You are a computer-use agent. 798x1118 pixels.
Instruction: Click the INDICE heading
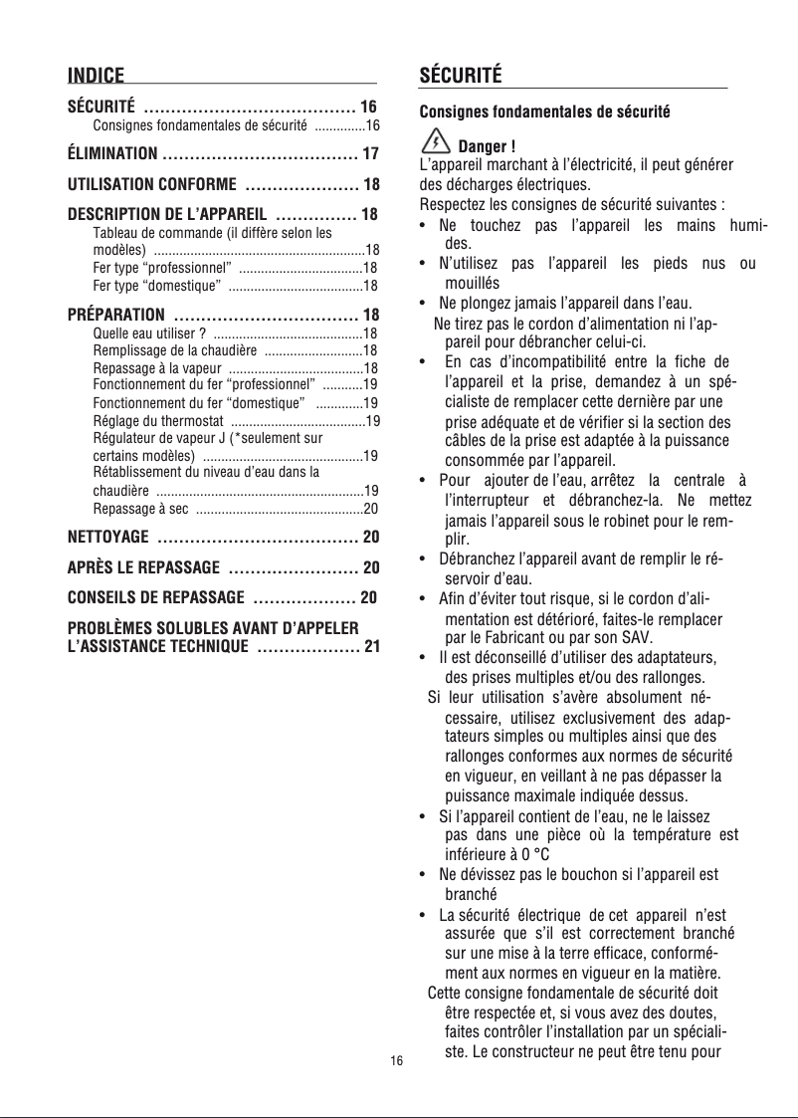(96, 76)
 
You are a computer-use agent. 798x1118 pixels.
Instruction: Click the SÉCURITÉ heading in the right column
(461, 76)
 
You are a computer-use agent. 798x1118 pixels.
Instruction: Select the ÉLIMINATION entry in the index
(111, 154)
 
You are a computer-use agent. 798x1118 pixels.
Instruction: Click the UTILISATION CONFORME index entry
(151, 185)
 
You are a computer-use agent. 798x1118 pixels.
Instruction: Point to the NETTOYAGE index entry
(107, 538)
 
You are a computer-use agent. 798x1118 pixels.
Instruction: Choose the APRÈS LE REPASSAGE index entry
(143, 568)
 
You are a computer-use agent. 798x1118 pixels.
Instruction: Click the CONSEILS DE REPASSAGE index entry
(155, 598)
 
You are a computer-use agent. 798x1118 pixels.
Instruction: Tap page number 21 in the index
(371, 648)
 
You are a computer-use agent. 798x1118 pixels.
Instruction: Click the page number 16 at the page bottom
(397, 1061)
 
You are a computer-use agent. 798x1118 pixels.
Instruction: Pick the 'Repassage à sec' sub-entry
(140, 509)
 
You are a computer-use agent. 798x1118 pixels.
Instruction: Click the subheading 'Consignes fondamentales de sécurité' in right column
(544, 112)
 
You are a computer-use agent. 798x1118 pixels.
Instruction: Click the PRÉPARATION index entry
(115, 316)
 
